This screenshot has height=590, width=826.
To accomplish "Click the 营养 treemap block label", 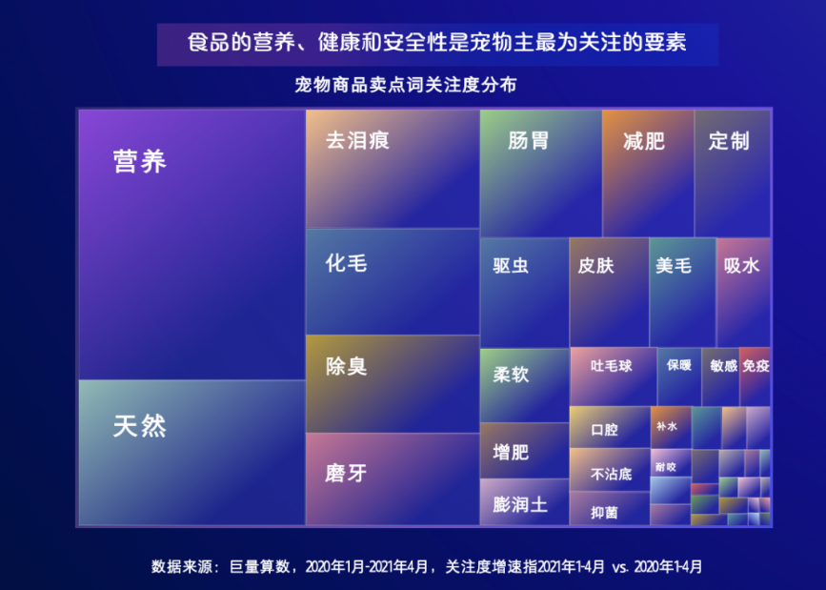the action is pos(140,161).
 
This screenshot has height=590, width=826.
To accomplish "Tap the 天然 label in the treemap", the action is pos(140,426).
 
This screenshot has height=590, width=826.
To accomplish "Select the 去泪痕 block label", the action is pos(357,140).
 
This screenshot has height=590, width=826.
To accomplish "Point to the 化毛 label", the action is pos(346,263).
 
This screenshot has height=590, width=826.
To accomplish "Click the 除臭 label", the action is pos(346,366).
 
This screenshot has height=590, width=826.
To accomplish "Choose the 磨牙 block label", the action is pos(346,473).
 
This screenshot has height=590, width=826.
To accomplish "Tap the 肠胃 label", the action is pos(529,141).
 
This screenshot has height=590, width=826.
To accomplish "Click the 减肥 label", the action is pos(644,141).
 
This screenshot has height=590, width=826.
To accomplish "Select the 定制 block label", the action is pos(729,141).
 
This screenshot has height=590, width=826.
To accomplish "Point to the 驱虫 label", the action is pos(511,265).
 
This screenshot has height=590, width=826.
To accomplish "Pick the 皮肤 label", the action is pos(595,265).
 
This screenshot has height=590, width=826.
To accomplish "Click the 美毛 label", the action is pos(674,265).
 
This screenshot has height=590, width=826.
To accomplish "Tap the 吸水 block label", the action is pos(742,265).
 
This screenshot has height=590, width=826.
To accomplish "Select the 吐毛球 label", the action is pos(611,366).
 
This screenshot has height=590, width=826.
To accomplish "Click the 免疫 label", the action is pos(755,365).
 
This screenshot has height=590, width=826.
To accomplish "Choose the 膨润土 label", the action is pos(520,504).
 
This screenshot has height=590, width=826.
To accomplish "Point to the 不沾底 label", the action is pos(611,474).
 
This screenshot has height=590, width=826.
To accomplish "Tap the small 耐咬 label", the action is pos(665,467).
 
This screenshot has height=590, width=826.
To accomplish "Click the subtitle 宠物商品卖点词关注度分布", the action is pos(406,85).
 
